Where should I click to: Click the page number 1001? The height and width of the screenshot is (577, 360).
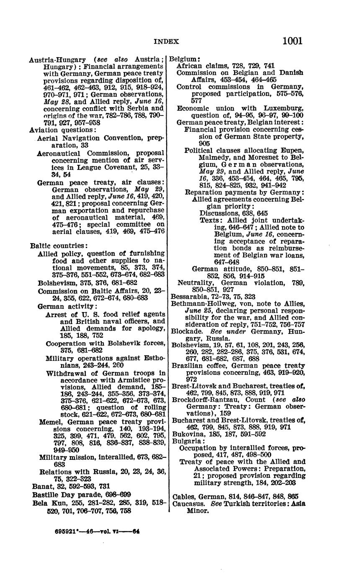point(292,41)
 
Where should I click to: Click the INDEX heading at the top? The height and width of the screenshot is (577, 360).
point(167,41)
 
